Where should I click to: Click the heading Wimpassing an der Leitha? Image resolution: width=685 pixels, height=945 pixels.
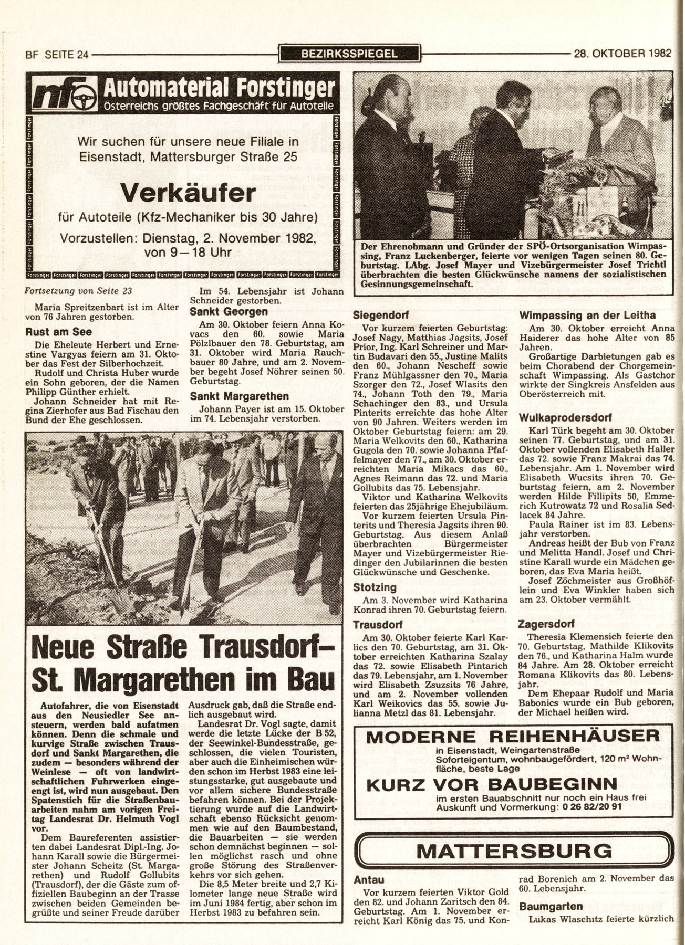[587, 316]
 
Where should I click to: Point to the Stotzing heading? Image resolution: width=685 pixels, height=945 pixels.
[375, 587]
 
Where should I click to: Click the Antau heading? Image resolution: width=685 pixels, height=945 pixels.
[369, 879]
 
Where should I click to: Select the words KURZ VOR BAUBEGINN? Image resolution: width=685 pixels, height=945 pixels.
[491, 784]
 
